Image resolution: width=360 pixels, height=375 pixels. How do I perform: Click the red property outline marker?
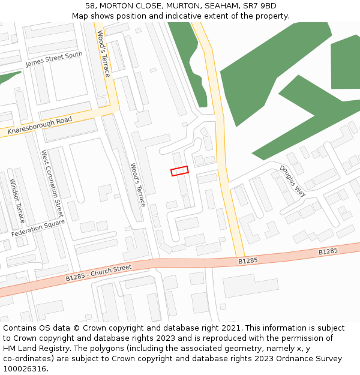pos(179,171)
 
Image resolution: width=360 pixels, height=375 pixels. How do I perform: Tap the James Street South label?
pos(54,59)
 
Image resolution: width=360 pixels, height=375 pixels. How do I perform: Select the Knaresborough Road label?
pos(40,126)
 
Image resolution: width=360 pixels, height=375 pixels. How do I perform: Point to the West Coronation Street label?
pos(52,184)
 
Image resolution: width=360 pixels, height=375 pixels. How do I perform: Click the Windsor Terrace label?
pos(17,199)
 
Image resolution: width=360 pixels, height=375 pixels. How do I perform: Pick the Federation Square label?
pos(37,227)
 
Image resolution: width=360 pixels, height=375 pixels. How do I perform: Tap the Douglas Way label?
pos(293,181)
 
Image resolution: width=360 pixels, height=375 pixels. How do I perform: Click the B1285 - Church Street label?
pos(98,273)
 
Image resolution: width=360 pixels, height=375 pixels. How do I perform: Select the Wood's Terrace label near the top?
pos(103,54)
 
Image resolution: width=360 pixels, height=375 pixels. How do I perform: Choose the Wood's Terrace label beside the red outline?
pos(138,185)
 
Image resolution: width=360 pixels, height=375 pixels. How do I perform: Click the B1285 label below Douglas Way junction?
pos(248,261)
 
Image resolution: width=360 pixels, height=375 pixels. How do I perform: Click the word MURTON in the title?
pos(175,6)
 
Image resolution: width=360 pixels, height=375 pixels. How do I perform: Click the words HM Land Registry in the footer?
pos(31,349)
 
